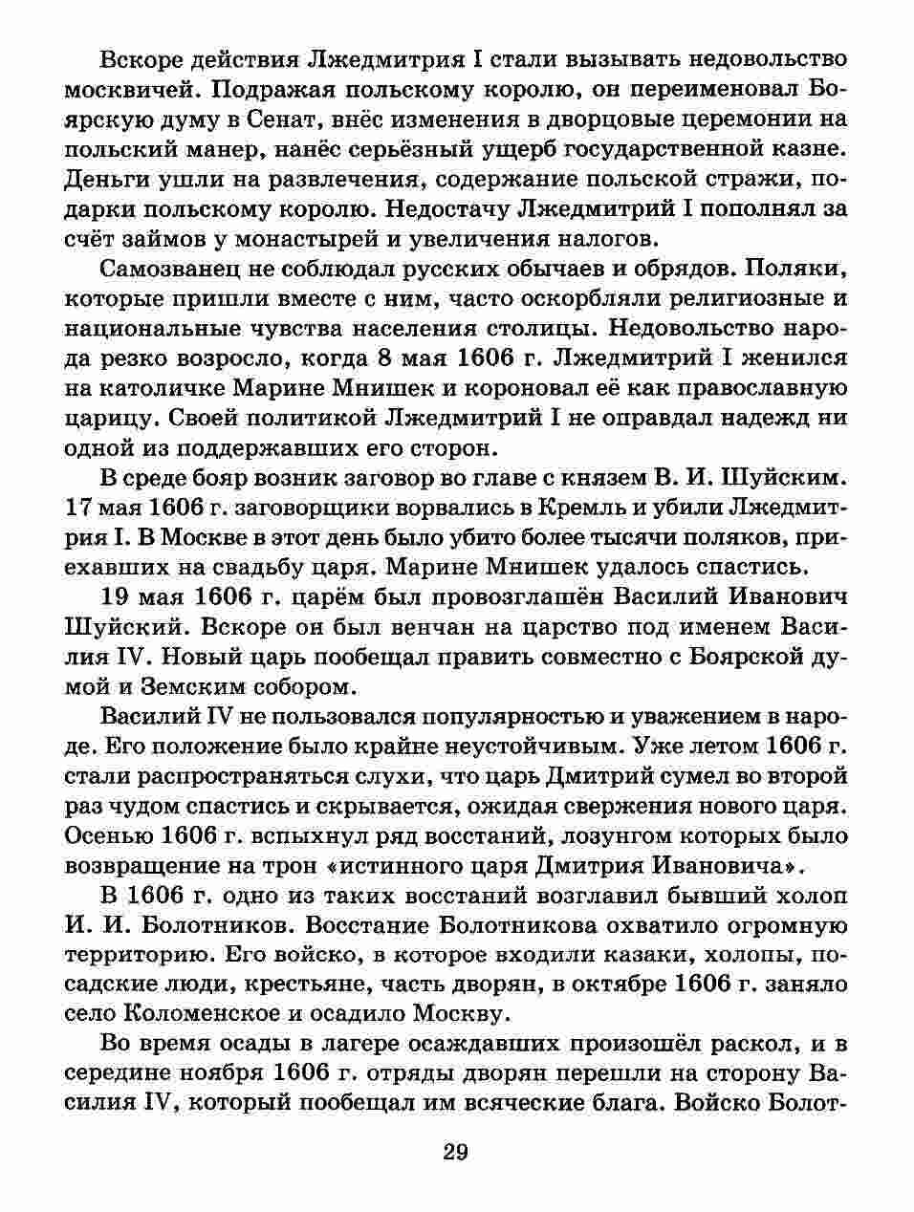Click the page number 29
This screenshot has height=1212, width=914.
point(456,1152)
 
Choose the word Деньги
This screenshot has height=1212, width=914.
point(105,179)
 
